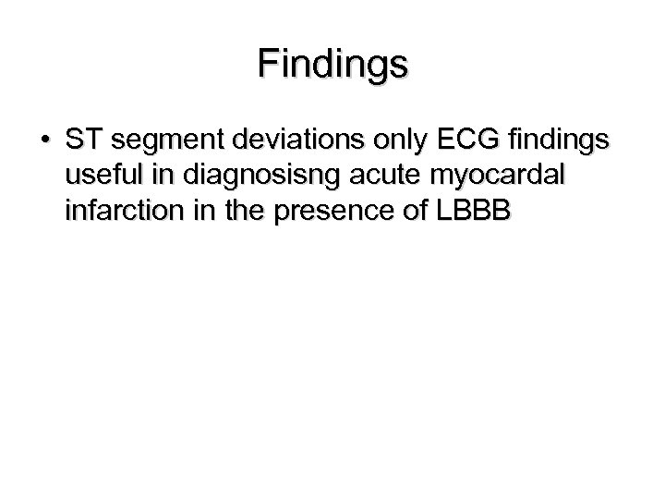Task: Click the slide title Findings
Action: pyautogui.click(x=332, y=65)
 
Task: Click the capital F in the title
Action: pyautogui.click(x=268, y=64)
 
